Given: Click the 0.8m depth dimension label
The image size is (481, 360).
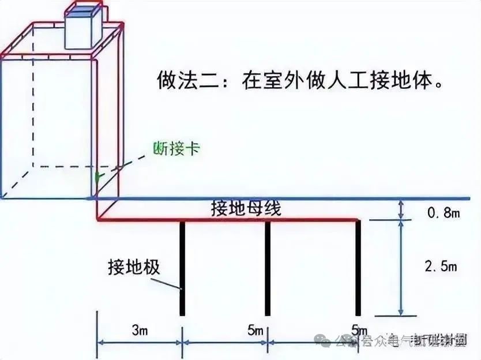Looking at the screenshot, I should pyautogui.click(x=443, y=213).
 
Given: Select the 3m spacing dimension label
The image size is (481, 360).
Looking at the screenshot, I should pyautogui.click(x=138, y=331).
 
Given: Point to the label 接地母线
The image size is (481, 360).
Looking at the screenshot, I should pyautogui.click(x=246, y=208).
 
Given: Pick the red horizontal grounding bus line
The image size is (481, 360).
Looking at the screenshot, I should pyautogui.click(x=231, y=220).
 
